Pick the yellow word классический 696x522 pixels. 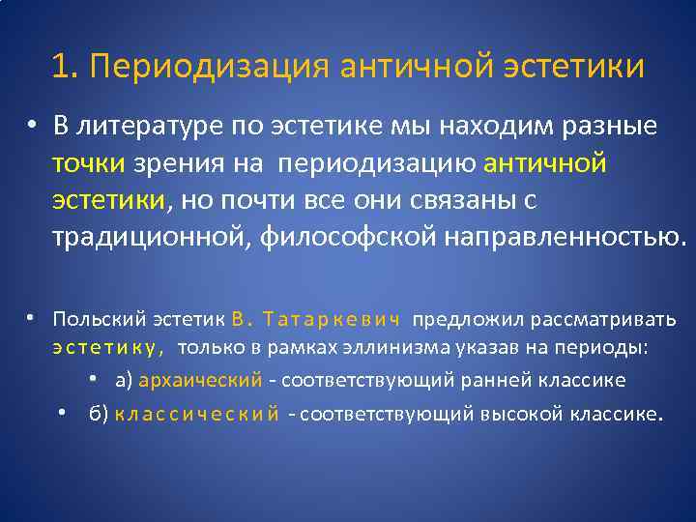[197, 414]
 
